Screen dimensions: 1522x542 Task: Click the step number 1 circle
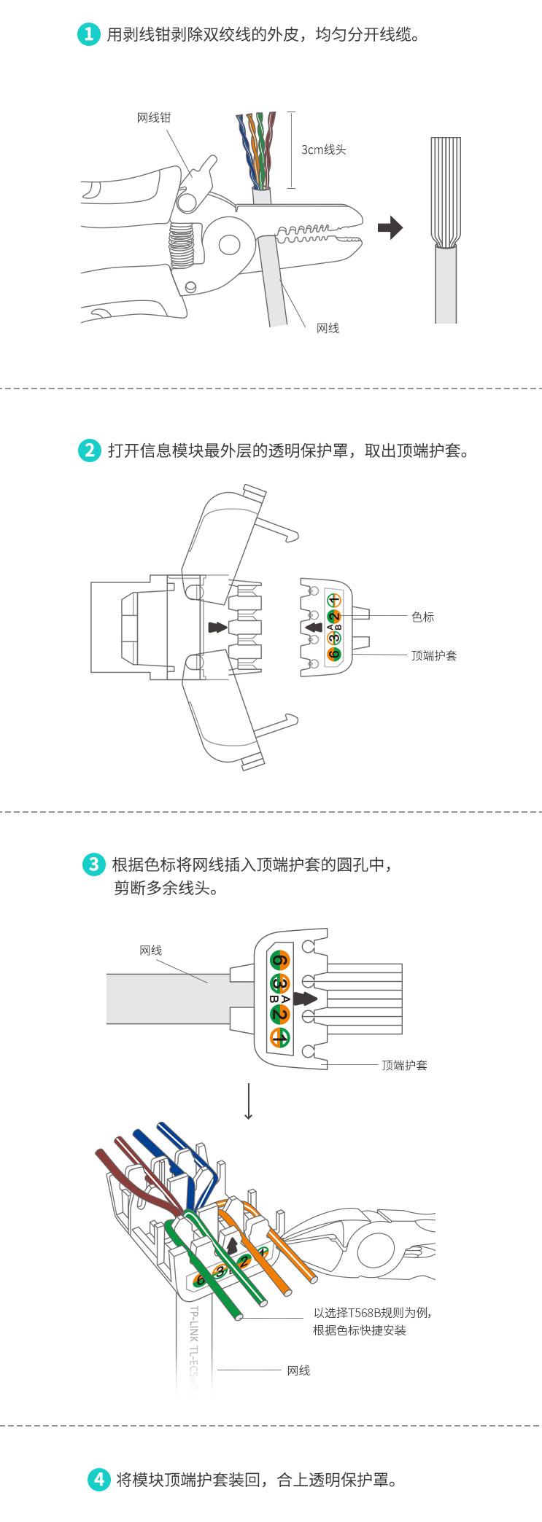(x=88, y=34)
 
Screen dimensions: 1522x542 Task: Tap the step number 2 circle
(x=89, y=450)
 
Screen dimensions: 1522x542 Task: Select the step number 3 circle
(x=93, y=865)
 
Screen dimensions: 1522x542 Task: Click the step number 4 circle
(x=98, y=1480)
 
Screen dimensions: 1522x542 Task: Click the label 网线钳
(x=154, y=118)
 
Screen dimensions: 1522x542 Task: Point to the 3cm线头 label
(x=324, y=150)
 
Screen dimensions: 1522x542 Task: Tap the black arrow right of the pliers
(x=390, y=227)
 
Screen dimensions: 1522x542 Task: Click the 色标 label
(x=422, y=617)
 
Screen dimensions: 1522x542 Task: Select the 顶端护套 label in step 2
(x=434, y=655)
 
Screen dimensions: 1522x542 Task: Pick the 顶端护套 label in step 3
(x=405, y=1065)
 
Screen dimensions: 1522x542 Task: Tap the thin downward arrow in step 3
(x=249, y=1101)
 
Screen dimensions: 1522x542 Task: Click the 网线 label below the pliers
(x=328, y=329)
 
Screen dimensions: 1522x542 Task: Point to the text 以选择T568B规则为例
(x=372, y=1313)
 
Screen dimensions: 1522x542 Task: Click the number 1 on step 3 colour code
(x=279, y=1038)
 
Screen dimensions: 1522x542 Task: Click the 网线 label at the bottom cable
(x=298, y=1370)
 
